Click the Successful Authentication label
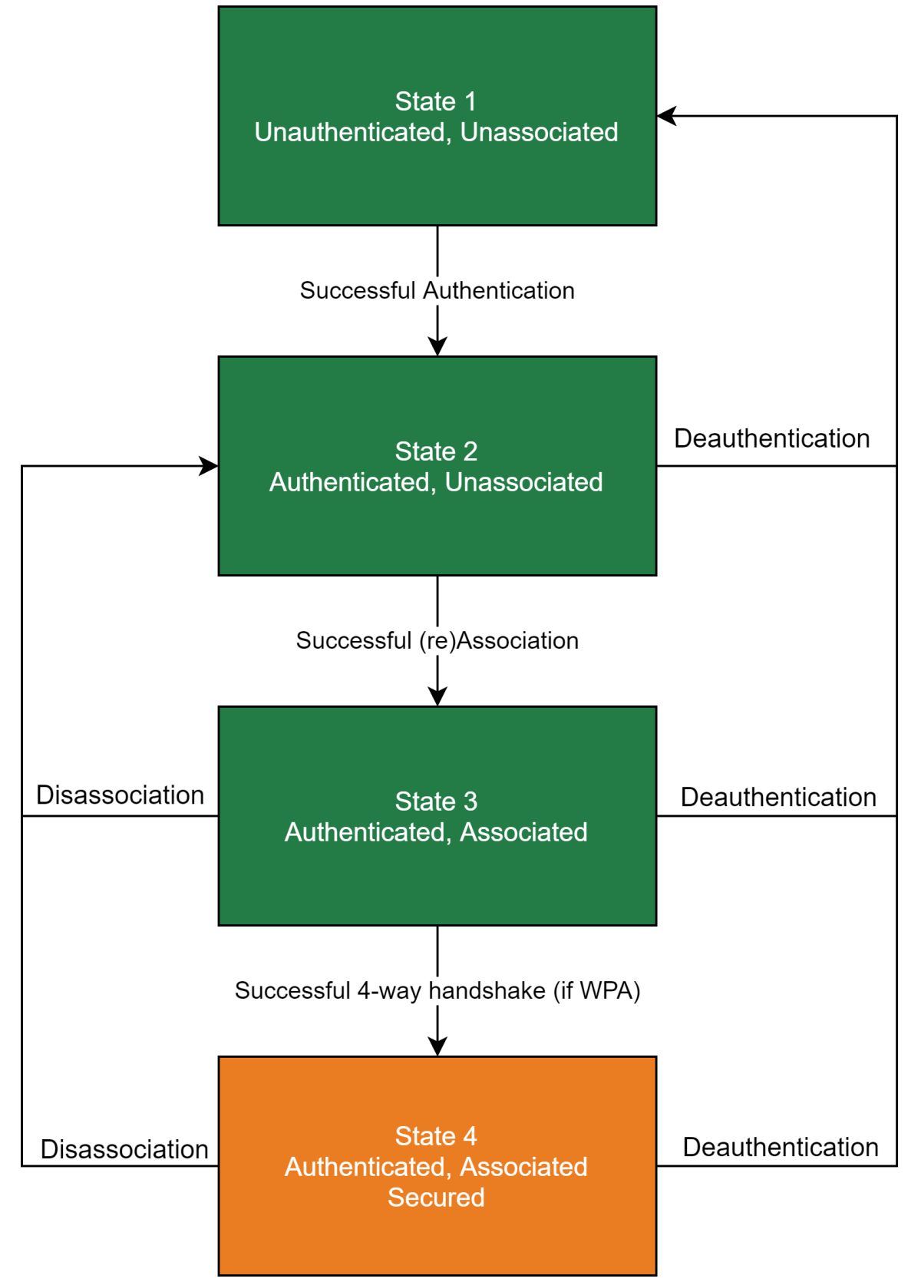[x=437, y=291]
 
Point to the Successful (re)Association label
[x=437, y=641]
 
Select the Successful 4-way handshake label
[x=437, y=991]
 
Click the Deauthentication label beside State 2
[x=771, y=439]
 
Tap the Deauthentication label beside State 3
[x=778, y=798]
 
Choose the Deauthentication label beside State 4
[x=781, y=1148]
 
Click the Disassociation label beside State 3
[x=120, y=795]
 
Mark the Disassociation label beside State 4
[x=124, y=1150]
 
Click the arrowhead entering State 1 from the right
[x=666, y=116]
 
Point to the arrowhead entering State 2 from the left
[x=209, y=466]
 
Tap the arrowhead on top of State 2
[x=437, y=346]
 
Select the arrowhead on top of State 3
[x=437, y=696]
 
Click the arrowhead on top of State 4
[x=437, y=1046]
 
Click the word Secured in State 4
[x=436, y=1198]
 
